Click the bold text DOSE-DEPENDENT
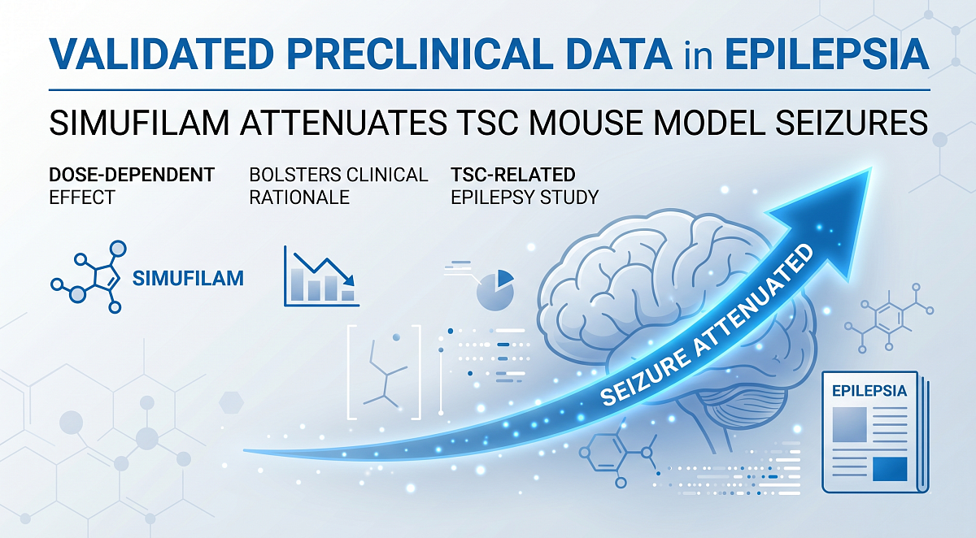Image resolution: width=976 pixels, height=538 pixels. pos(132,175)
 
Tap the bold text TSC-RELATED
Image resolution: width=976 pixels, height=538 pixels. pos(512,175)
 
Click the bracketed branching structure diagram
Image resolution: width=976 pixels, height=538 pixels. pos(385,371)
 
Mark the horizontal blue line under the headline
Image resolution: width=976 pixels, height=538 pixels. pos(488,89)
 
